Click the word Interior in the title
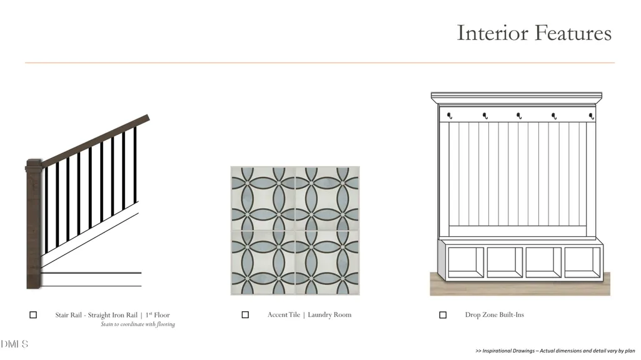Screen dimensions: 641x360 click(492, 32)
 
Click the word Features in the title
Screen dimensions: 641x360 click(573, 32)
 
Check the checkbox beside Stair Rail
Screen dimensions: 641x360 click(33, 314)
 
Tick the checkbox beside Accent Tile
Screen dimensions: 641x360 click(245, 314)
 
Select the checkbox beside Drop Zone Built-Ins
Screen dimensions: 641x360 click(443, 314)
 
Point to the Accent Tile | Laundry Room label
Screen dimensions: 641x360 click(310, 314)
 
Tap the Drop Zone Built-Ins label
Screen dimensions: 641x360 click(495, 314)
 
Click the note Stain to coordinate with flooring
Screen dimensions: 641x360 click(138, 324)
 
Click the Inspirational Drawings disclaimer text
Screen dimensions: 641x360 click(555, 351)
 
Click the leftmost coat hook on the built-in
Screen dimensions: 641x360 click(449, 116)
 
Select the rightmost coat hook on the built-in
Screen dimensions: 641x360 click(591, 116)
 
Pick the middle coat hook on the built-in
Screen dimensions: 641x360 click(519, 116)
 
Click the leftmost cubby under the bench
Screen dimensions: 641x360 click(466, 262)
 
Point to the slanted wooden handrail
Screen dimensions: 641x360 click(95, 141)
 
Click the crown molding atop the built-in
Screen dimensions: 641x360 click(517, 98)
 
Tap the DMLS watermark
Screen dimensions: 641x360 click(14, 344)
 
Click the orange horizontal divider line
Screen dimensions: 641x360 click(320, 62)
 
